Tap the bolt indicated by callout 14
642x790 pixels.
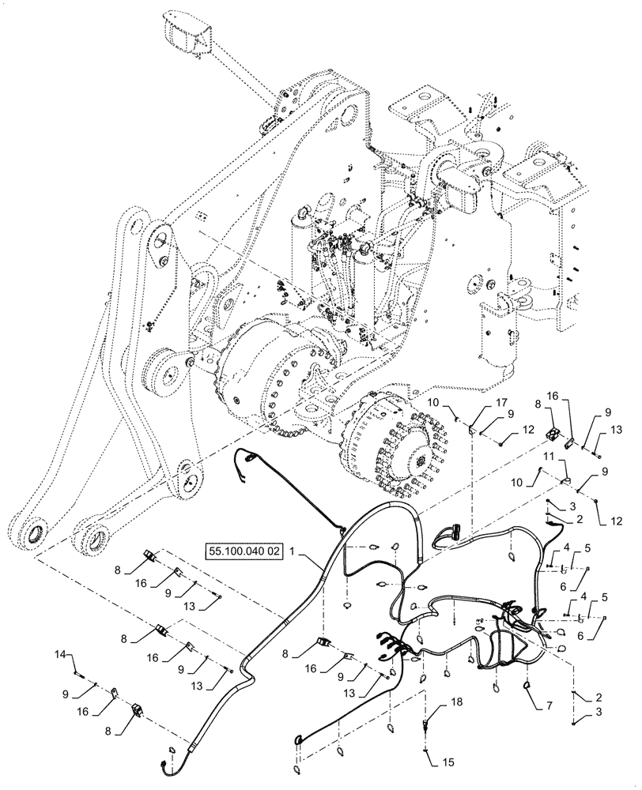click(x=80, y=674)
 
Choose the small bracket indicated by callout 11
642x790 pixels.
click(x=565, y=478)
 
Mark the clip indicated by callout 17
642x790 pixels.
click(x=471, y=430)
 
